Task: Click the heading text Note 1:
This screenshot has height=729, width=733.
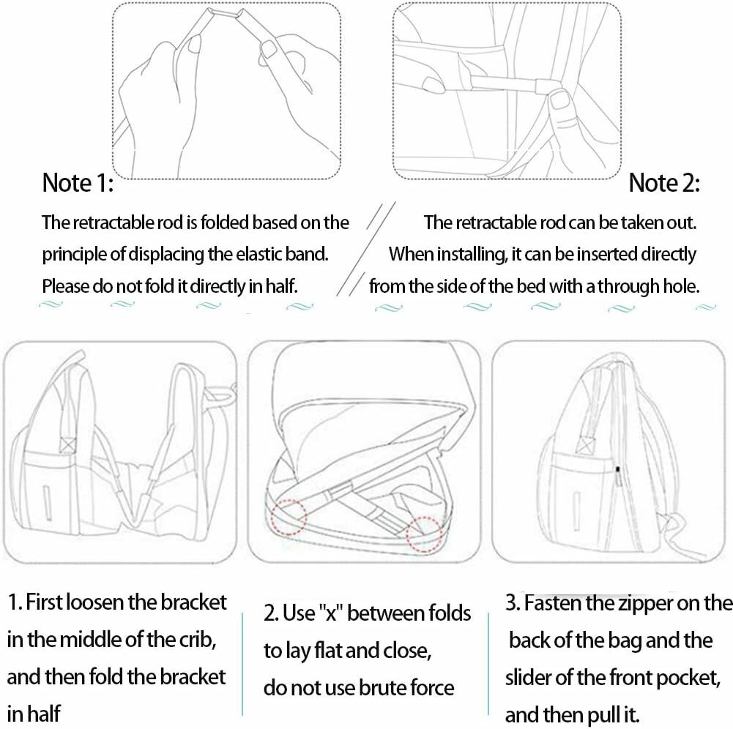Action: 78,182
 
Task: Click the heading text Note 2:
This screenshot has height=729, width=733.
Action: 664,182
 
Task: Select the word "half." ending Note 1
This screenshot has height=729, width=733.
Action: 281,285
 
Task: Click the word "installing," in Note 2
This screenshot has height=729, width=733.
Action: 472,255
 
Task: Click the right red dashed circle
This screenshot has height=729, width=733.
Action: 425,534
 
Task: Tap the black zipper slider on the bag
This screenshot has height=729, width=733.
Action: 618,469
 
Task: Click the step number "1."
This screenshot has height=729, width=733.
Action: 15,602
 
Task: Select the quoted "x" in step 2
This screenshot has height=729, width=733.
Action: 331,613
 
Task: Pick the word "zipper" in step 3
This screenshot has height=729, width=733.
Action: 647,603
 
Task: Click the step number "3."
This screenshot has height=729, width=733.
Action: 513,603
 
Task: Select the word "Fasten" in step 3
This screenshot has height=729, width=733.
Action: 553,603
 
